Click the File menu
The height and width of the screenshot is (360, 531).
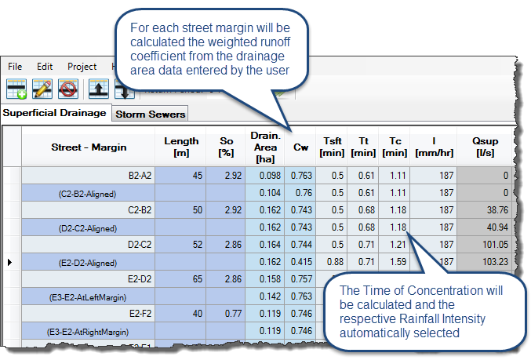click(15, 67)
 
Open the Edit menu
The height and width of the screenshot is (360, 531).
click(45, 67)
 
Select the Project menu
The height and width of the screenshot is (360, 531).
click(82, 67)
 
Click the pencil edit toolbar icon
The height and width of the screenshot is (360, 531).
click(42, 89)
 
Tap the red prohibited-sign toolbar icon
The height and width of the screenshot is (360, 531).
click(68, 89)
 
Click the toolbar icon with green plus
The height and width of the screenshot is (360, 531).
click(16, 89)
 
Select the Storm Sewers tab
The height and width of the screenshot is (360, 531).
click(150, 115)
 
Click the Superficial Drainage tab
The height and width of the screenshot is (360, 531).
click(55, 113)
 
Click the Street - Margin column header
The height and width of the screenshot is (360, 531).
click(89, 147)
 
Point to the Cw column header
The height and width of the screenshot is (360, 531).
click(300, 147)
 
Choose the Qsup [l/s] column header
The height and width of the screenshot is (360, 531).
click(485, 147)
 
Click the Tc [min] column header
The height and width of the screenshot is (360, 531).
click(395, 147)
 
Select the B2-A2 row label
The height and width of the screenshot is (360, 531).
click(140, 176)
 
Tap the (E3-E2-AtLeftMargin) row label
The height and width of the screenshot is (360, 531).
click(88, 297)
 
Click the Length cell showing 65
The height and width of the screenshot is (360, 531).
click(198, 279)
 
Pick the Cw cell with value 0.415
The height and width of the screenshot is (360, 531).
click(301, 262)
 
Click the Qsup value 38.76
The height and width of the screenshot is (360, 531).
click(497, 210)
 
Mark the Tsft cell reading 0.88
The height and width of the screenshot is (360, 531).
click(335, 262)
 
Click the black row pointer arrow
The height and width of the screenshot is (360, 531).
click(10, 262)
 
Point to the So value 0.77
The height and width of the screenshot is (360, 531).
click(233, 314)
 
